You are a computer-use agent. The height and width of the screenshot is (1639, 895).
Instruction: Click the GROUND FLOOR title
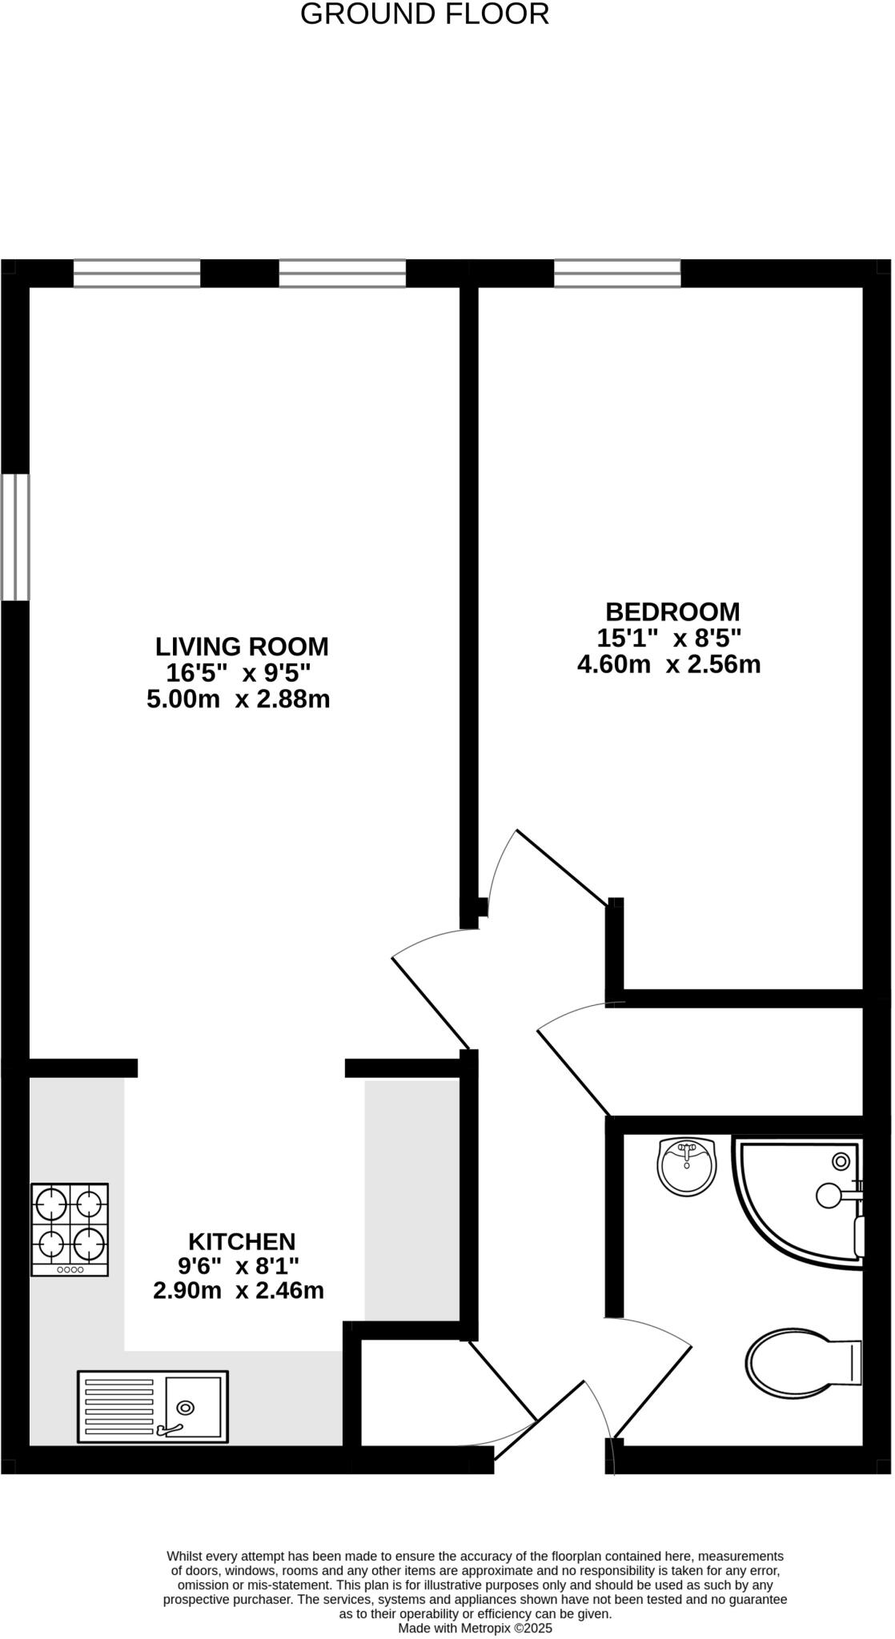[424, 14]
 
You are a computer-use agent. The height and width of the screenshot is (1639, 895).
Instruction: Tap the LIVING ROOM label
[242, 646]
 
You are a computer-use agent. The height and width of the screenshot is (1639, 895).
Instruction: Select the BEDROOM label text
[672, 611]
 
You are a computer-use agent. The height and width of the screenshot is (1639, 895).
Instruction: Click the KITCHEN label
[242, 1241]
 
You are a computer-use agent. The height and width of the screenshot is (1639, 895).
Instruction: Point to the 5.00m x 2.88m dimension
[239, 699]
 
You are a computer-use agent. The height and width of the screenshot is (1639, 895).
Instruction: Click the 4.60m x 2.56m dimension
[668, 664]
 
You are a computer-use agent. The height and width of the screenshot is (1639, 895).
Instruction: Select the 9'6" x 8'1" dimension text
[239, 1266]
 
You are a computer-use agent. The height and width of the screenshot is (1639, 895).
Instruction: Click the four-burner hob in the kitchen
[70, 1229]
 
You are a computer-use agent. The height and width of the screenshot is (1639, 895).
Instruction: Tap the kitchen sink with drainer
[152, 1406]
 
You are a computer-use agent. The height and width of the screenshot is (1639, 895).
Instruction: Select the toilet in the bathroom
[801, 1362]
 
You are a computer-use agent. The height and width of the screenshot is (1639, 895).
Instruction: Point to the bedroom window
[617, 274]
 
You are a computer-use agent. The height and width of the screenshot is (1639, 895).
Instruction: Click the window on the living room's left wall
[15, 536]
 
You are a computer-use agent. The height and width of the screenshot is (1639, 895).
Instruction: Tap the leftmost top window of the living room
[137, 274]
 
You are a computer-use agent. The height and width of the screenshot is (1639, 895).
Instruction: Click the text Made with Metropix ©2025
[476, 1628]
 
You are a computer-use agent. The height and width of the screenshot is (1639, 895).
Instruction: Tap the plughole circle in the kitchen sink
[186, 1408]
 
